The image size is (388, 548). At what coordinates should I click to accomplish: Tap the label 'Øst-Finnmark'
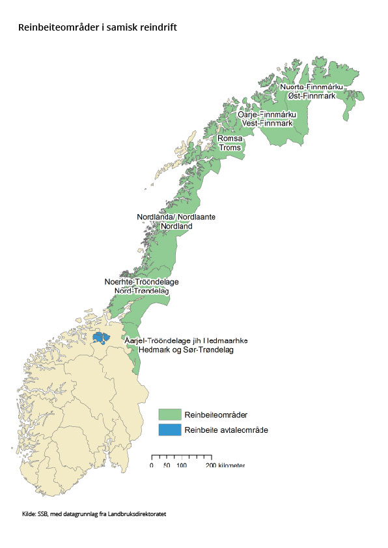[311, 96]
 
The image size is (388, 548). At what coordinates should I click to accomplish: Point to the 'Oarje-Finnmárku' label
[267, 114]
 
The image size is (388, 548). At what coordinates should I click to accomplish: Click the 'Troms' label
[229, 148]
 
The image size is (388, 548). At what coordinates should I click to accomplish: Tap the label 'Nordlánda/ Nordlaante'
[176, 217]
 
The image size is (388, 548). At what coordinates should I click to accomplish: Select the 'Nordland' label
[176, 226]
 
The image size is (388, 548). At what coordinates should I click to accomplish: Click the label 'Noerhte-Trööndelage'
[141, 282]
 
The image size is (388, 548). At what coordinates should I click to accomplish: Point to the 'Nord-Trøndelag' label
[141, 291]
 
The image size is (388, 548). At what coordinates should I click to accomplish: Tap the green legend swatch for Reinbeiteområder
[169, 415]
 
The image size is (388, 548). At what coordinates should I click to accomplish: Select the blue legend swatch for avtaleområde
[169, 430]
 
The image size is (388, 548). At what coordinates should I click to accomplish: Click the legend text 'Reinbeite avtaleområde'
[226, 430]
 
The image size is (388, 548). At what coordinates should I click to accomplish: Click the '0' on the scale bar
[152, 466]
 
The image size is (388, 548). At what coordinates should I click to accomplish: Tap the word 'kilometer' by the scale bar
[232, 466]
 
